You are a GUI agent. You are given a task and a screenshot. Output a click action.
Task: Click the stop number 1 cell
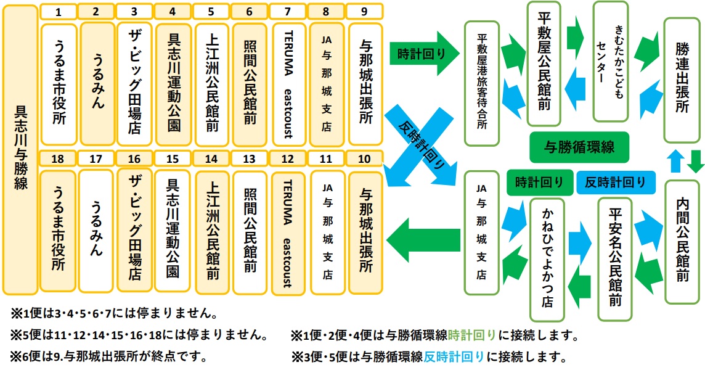click(58, 11)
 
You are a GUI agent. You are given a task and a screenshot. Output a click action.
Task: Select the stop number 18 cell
click(58, 158)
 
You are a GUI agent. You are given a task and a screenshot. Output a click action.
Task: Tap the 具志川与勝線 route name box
click(19, 149)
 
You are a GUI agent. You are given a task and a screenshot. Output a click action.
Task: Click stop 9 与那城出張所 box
click(365, 84)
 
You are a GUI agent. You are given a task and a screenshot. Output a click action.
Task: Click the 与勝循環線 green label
click(579, 147)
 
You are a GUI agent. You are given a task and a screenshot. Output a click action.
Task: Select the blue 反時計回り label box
click(615, 182)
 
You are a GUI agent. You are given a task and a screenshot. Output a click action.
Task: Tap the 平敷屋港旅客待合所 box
click(481, 83)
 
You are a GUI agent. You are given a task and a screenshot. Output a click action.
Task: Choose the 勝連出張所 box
click(682, 80)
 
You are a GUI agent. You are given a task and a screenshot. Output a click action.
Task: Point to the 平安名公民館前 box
click(615, 259)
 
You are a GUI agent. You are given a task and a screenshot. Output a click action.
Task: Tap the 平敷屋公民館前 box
click(544, 65)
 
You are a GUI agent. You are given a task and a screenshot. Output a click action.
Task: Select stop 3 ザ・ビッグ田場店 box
click(135, 84)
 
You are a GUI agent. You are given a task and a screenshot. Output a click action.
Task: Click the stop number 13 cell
click(250, 158)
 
